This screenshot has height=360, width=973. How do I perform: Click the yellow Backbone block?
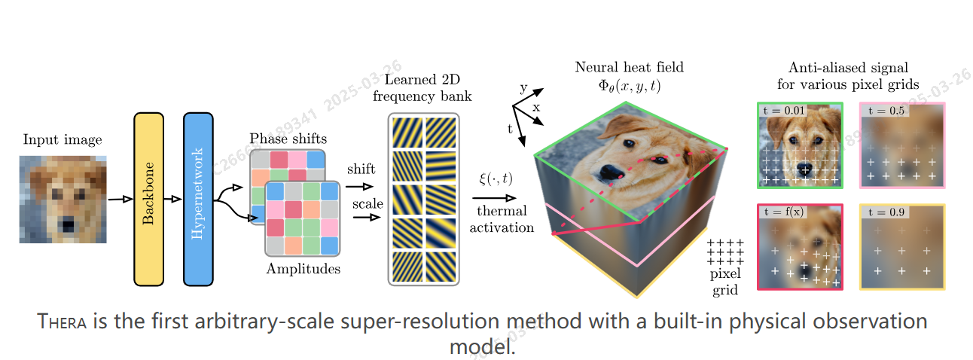pos(148,199)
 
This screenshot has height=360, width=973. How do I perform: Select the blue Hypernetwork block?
pos(198,199)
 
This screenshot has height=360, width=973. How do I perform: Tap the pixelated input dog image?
pos(63,199)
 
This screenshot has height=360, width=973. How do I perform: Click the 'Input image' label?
pos(63,139)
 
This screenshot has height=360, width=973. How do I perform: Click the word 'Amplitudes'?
pos(303,269)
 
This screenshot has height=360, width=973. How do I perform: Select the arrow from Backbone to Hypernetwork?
pos(173,200)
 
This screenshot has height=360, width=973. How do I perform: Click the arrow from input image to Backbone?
pos(120,200)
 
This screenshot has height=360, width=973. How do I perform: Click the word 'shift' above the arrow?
pos(361,169)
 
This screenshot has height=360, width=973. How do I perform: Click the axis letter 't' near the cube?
pos(511,130)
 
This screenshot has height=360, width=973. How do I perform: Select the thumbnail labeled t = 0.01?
pos(800,145)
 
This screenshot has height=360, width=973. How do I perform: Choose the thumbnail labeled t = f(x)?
pos(800,246)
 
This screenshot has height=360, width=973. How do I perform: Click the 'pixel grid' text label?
pos(727,282)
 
